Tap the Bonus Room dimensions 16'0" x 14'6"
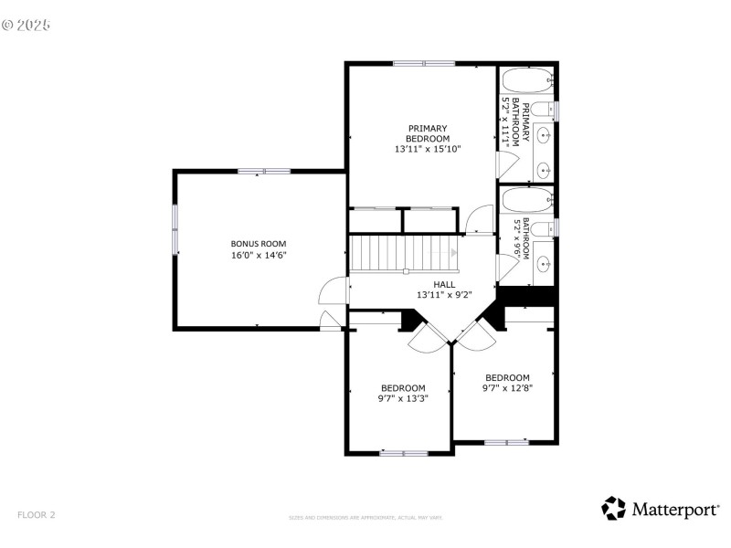[x=259, y=256]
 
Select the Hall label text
[x=444, y=284]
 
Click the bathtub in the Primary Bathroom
[x=527, y=79]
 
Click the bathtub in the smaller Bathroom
[x=527, y=199]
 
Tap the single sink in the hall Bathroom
[x=542, y=265]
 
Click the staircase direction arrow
[x=453, y=252]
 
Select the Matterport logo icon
[x=614, y=509]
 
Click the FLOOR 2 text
[x=37, y=515]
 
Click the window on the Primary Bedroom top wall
[x=424, y=63]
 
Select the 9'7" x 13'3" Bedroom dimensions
[x=403, y=398]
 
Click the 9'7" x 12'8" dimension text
[x=507, y=388]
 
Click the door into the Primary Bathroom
[x=505, y=164]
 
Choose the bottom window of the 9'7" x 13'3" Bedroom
[x=404, y=452]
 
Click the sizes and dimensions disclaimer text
[x=365, y=518]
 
